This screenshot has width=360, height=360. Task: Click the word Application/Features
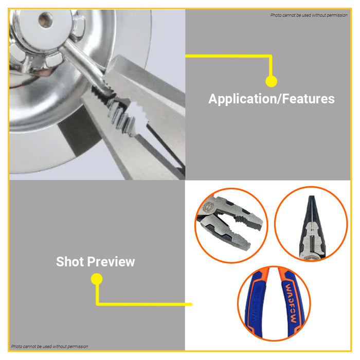tap(272, 99)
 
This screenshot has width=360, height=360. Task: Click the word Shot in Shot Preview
tap(70, 261)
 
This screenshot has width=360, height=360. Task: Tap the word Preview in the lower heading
tap(111, 261)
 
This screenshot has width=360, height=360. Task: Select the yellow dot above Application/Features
tap(271, 81)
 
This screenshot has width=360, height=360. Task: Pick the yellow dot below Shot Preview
tap(97, 279)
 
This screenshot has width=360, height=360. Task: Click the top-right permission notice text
tap(309, 15)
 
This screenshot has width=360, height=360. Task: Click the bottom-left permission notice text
tap(49, 347)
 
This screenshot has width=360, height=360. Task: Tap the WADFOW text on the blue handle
tap(291, 303)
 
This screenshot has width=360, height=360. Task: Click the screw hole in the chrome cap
tap(46, 20)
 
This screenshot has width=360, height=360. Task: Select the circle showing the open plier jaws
tap(231, 225)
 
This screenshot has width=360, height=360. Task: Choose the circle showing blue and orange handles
tap(274, 303)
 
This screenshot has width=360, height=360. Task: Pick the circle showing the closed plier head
tap(311, 224)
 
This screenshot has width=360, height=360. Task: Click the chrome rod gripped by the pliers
tap(85, 66)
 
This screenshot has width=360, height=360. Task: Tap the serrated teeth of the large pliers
tap(119, 113)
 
